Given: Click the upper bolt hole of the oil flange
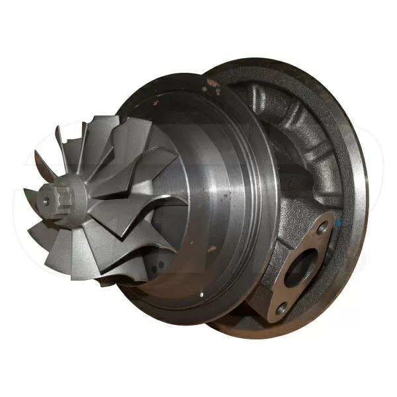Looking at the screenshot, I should coord(322,229).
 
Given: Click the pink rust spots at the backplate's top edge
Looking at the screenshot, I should coord(214,83).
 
